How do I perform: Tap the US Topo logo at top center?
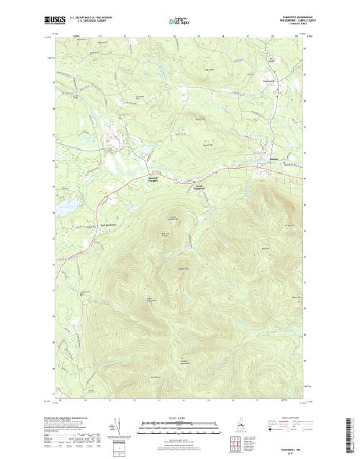pyautogui.click(x=179, y=22)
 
